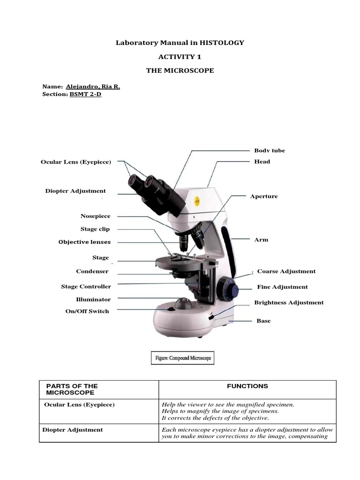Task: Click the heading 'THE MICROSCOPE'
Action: click(180, 70)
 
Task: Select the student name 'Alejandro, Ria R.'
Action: click(97, 87)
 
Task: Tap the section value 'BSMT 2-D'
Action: click(85, 94)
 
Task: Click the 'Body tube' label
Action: click(270, 150)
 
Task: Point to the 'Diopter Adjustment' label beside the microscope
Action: click(75, 191)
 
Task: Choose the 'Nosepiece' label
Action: click(96, 216)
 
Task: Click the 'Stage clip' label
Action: click(95, 229)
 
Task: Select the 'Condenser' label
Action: click(92, 271)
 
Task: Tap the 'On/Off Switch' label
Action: click(87, 311)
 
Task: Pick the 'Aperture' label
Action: click(264, 196)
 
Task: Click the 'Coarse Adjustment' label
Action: click(286, 271)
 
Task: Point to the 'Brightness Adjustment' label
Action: click(289, 302)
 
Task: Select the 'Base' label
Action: click(263, 321)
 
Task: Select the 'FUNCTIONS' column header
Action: click(247, 386)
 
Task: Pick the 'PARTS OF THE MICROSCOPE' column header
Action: click(72, 389)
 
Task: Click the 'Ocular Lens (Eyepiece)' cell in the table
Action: click(79, 405)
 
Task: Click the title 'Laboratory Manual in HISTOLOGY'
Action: click(180, 43)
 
